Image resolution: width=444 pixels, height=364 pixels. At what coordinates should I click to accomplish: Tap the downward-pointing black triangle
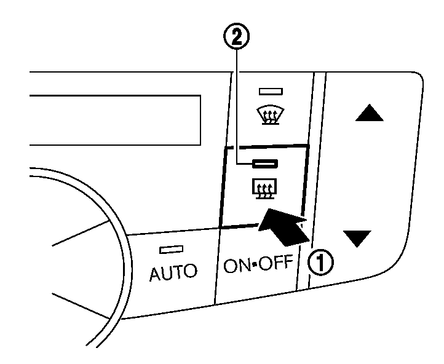(x=357, y=238)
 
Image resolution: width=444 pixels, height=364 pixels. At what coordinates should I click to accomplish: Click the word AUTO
(x=173, y=271)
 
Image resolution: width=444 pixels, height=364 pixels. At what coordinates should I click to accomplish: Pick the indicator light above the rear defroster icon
(x=265, y=164)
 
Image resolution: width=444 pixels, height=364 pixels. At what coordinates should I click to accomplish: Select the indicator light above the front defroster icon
(x=271, y=92)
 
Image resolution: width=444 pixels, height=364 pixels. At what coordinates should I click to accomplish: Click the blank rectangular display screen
(x=117, y=120)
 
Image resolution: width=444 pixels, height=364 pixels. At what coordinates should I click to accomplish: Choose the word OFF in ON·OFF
(x=277, y=264)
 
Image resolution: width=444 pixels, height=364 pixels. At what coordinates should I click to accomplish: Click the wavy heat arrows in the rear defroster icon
(x=265, y=188)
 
